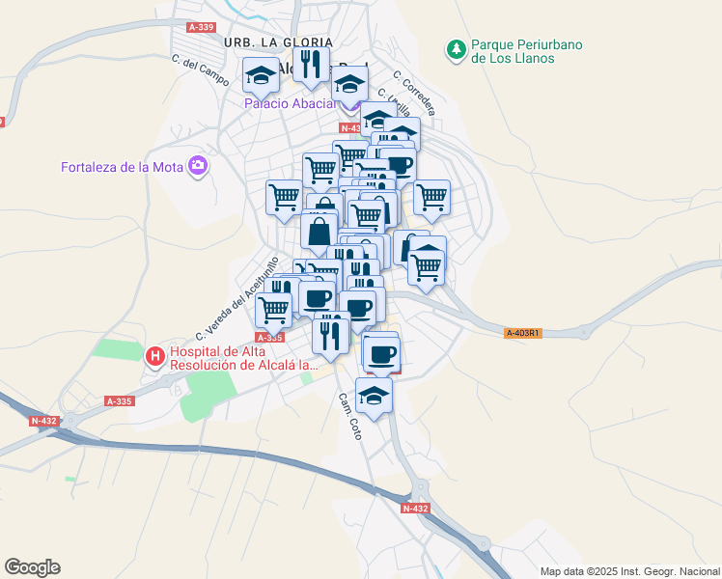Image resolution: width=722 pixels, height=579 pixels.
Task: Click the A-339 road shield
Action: coord(202,27)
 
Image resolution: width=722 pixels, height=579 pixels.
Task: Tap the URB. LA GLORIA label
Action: coord(277,42)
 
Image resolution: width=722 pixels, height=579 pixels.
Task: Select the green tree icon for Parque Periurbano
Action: coord(455,47)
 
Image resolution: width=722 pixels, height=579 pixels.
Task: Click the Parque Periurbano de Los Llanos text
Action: coord(526,51)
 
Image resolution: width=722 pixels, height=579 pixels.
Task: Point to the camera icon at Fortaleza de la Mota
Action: coord(199,166)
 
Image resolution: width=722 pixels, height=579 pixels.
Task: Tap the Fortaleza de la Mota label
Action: coord(123,167)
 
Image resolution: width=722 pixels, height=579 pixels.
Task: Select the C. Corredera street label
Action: coord(414,93)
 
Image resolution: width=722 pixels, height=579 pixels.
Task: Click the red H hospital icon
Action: coord(154,357)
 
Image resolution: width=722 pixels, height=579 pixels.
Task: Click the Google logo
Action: coord(32,567)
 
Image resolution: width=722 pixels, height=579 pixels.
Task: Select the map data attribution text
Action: coord(629,571)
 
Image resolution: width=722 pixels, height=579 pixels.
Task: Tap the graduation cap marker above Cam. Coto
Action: coord(375,395)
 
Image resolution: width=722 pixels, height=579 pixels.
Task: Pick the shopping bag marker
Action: coord(319,232)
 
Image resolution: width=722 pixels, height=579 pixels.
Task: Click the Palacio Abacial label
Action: coord(289,103)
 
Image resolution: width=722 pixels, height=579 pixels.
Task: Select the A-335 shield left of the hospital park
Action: coord(119,401)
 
